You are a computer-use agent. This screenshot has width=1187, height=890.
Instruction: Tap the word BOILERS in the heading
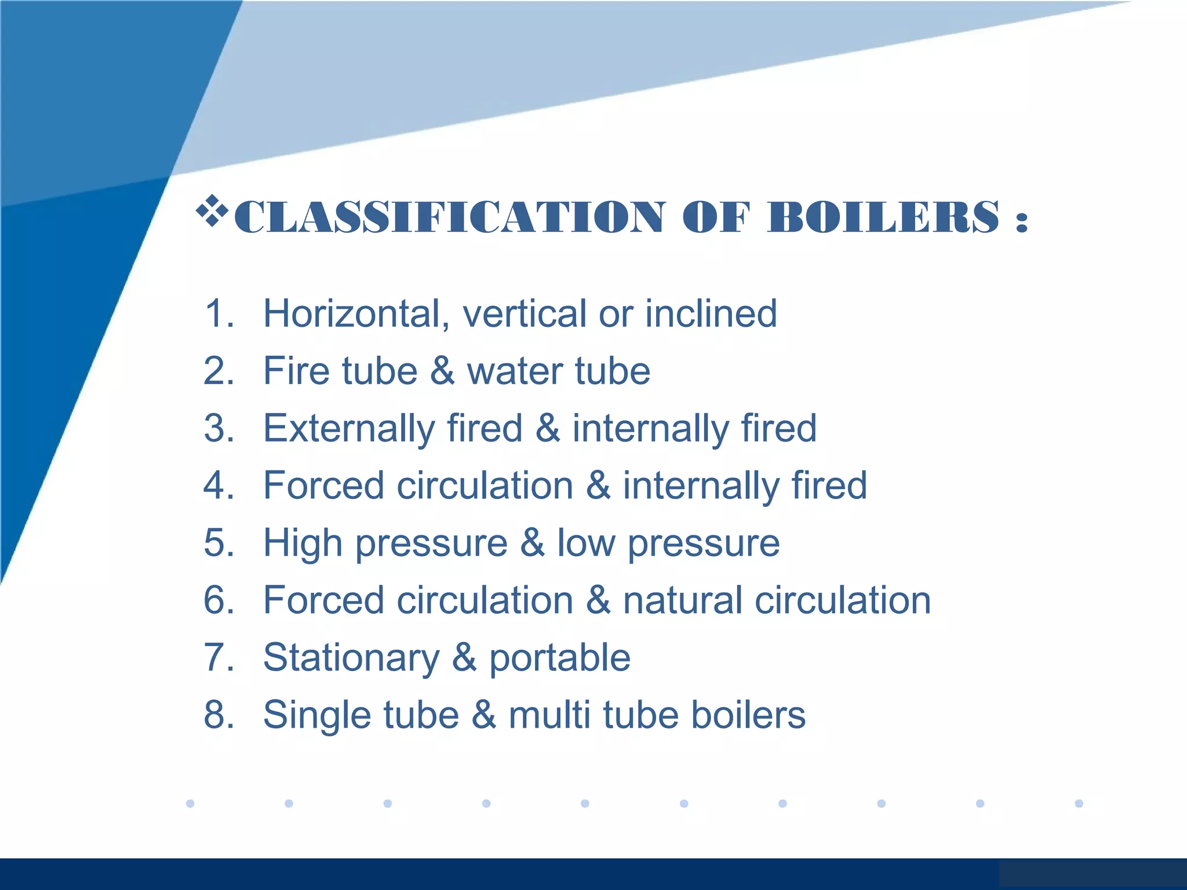click(x=883, y=217)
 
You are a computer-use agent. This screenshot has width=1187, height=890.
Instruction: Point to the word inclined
click(x=711, y=313)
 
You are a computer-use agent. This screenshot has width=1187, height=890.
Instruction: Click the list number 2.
click(x=219, y=371)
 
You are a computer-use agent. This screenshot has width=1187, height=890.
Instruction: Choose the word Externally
click(x=349, y=428)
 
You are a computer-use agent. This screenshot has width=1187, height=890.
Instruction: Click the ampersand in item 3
click(x=548, y=428)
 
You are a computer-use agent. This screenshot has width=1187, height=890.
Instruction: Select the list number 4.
click(x=219, y=486)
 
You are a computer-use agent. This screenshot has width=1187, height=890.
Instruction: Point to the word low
click(x=586, y=543)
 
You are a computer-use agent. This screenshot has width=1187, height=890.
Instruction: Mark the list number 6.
click(x=219, y=600)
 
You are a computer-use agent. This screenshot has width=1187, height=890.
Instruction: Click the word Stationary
click(x=351, y=658)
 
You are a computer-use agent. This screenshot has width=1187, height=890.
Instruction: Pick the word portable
click(x=560, y=658)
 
